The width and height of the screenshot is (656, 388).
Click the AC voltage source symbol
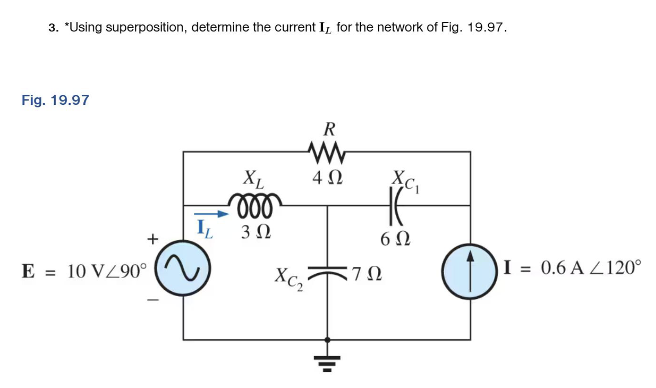[183, 269]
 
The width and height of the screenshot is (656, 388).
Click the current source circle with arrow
[469, 272]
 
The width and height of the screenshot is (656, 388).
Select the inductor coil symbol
[254, 204]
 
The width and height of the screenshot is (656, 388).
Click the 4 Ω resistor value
[327, 178]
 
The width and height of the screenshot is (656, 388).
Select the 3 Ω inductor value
[256, 232]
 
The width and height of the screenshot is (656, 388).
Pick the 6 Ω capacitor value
[395, 239]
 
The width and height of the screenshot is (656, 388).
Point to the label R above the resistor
[329, 129]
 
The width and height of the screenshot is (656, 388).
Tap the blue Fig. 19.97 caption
[55, 100]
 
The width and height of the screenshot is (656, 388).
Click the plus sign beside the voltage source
[153, 239]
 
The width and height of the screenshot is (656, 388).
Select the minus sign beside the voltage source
[153, 300]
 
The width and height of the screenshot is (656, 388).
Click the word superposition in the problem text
[145, 27]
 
